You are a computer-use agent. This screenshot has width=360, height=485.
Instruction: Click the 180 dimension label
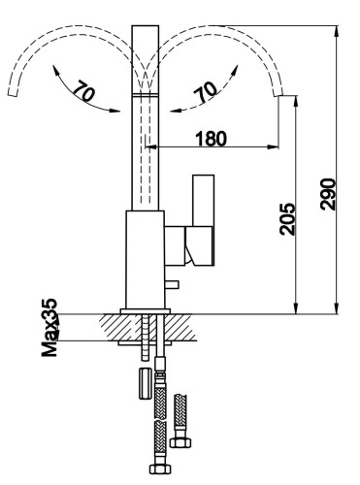pyautogui.click(x=212, y=139)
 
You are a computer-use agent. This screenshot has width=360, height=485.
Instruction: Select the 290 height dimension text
pyautogui.click(x=328, y=194)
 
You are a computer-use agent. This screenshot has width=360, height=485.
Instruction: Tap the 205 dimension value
pyautogui.click(x=287, y=219)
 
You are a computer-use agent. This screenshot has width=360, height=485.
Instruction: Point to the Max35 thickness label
pyautogui.click(x=49, y=328)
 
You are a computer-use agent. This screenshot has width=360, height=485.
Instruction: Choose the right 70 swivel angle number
pyautogui.click(x=206, y=92)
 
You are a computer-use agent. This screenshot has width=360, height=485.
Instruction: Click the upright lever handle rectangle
pyautogui.click(x=203, y=201)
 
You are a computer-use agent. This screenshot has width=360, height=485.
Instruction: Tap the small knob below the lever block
pyautogui.click(x=172, y=284)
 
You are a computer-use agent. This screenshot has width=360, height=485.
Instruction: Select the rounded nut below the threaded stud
pyautogui.click(x=146, y=383)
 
